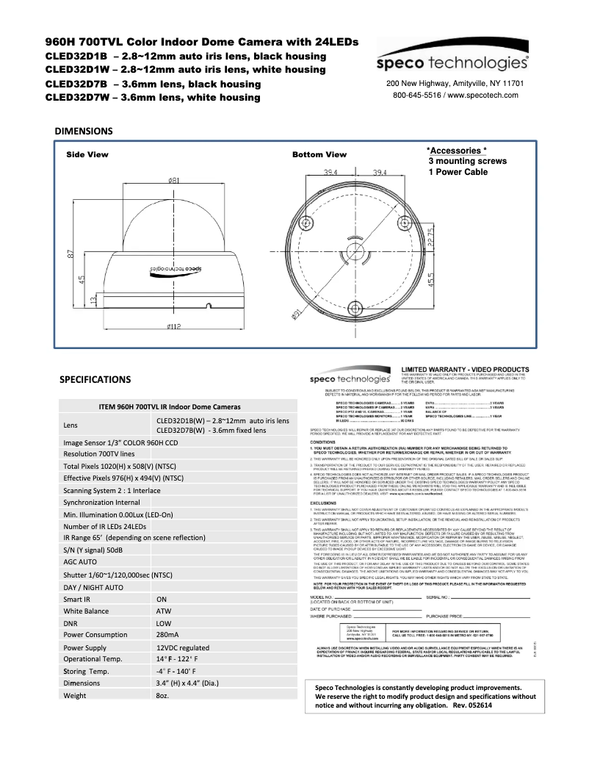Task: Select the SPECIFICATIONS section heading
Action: pyautogui.click(x=95, y=380)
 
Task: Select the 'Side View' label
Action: pyautogui.click(x=87, y=155)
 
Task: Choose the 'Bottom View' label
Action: pyautogui.click(x=319, y=155)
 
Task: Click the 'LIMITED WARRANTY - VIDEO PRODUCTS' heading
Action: pyautogui.click(x=464, y=368)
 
